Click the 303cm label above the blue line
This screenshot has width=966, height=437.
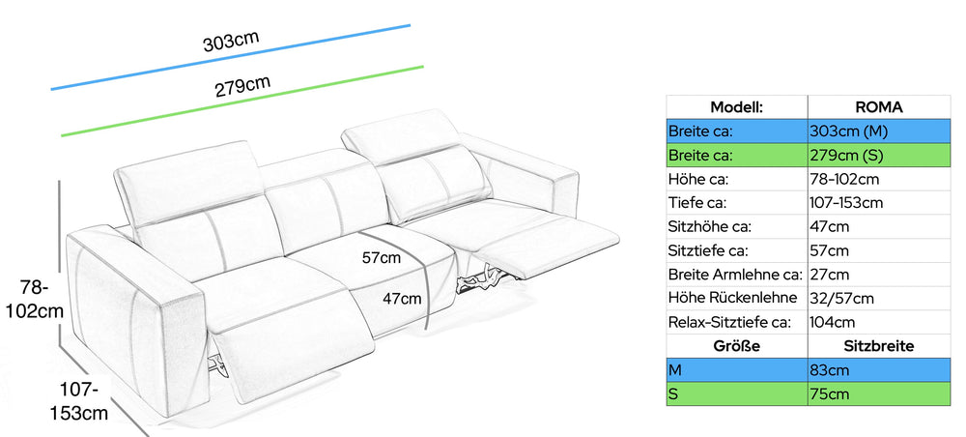tap(231, 41)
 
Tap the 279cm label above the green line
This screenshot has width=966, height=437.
tap(242, 87)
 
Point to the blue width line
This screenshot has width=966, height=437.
tap(231, 57)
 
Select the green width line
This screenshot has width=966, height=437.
tap(242, 102)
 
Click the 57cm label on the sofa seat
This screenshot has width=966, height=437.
tap(382, 257)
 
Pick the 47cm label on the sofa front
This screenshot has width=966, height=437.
tap(402, 299)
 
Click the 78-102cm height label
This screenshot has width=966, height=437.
tap(35, 299)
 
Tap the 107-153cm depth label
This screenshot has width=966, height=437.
tap(79, 401)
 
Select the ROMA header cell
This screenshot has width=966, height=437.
tap(879, 107)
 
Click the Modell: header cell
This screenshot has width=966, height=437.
tap(737, 107)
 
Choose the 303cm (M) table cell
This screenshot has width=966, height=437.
tap(879, 131)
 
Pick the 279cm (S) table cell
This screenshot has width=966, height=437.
tap(879, 156)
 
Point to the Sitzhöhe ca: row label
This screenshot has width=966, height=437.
tap(709, 227)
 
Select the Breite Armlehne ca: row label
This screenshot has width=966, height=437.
tap(735, 275)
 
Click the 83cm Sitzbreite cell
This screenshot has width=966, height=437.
tap(879, 370)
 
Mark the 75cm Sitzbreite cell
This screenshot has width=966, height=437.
tap(879, 393)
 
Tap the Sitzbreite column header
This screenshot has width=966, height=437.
tap(879, 346)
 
